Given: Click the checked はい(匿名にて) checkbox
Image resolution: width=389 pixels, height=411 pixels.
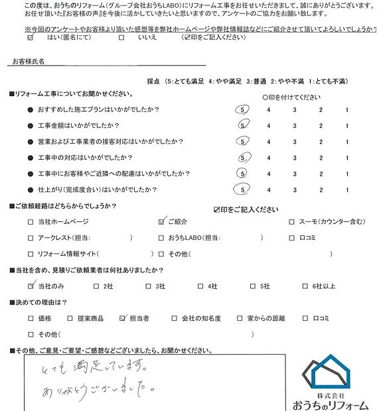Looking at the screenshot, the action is click(30, 38).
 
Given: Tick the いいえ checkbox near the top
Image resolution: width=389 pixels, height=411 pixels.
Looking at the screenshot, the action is click(121, 38).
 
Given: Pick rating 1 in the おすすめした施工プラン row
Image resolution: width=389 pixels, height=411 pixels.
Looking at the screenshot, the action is click(347, 109).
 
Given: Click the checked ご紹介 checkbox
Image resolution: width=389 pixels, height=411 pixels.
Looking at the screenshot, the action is click(163, 222).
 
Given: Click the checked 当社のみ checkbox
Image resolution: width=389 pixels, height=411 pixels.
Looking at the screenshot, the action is click(31, 286).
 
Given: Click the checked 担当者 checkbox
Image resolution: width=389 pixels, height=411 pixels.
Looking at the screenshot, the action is click(122, 319).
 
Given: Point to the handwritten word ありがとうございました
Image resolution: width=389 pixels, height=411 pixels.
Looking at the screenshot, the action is click(98, 383).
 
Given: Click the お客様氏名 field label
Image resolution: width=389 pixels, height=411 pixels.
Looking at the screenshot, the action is click(29, 62).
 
